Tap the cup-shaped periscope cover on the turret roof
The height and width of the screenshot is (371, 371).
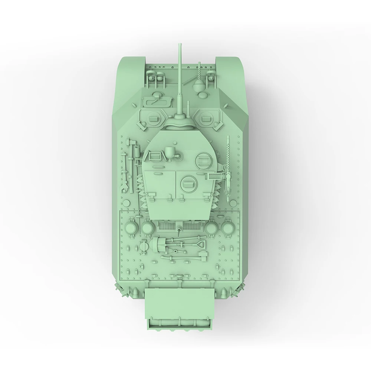[x=171, y=151]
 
